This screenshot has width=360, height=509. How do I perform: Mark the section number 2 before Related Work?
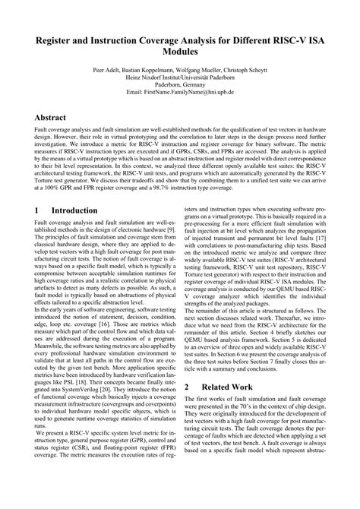coord(188,408)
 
